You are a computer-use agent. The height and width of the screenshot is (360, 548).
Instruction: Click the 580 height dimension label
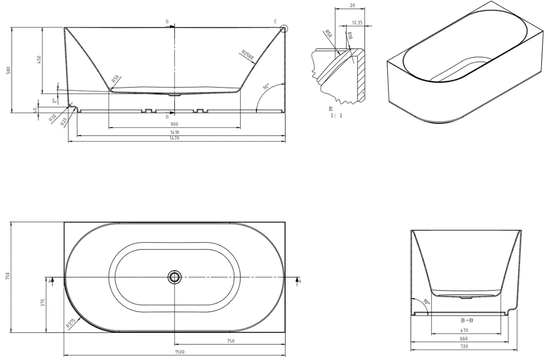9,70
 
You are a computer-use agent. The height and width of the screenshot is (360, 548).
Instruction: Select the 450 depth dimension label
39,60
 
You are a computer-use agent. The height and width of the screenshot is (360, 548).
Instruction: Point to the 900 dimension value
175,124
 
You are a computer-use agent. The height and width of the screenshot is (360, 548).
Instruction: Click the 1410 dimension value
175,133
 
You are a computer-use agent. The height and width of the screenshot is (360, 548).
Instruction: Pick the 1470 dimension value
175,138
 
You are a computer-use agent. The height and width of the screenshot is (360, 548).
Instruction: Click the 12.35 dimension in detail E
357,23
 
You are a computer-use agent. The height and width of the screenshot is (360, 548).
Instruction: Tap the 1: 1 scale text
337,115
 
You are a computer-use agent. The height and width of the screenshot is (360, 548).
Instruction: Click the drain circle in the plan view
174,277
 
